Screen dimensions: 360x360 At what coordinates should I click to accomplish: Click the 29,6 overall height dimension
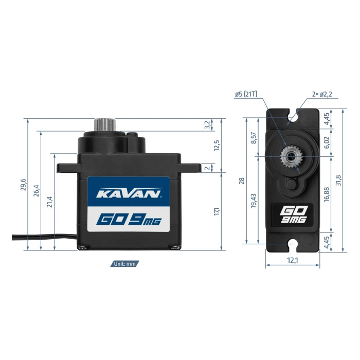point(24,185)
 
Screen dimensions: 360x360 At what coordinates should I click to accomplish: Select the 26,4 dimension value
point(37,190)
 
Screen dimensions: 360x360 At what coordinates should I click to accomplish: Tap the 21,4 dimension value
point(50,202)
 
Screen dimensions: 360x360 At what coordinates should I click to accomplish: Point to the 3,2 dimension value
point(207,124)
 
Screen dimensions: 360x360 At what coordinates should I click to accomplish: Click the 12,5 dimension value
point(217,146)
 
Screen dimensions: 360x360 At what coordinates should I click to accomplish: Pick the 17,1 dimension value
point(217,211)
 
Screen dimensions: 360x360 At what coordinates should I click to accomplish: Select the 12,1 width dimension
point(293,260)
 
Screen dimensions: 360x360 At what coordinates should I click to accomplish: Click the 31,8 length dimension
point(338,180)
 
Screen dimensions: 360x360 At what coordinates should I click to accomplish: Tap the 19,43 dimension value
point(254,201)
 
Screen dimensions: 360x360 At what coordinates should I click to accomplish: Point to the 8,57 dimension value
point(254,138)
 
